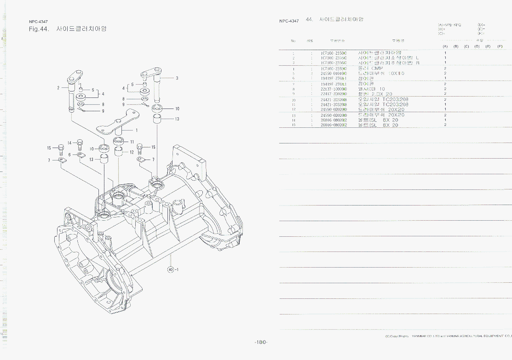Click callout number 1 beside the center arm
click(137, 130)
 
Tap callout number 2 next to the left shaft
click(58, 88)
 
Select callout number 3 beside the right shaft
click(177, 78)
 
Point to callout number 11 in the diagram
click(132, 142)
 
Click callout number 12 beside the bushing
click(132, 152)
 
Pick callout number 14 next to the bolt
click(69, 143)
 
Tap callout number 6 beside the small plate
click(69, 154)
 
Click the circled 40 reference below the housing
click(171, 269)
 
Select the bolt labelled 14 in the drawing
click(80, 145)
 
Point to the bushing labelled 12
click(119, 152)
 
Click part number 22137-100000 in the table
click(334, 89)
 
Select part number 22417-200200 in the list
click(334, 94)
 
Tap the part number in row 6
click(334, 78)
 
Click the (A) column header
click(445, 46)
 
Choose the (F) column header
click(500, 46)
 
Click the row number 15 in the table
click(293, 125)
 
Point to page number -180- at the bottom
click(261, 342)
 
